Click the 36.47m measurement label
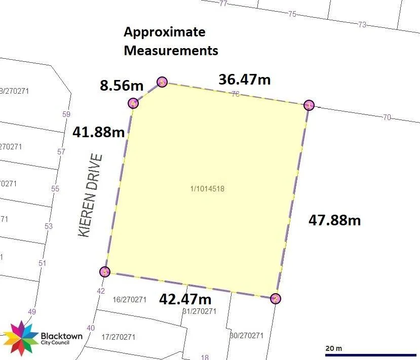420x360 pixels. click(x=244, y=79)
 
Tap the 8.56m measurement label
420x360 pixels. click(x=122, y=85)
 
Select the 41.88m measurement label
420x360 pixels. click(x=98, y=132)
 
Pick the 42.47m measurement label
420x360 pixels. click(x=185, y=299)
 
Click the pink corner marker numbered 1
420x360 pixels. click(x=309, y=105)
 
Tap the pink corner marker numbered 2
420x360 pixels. click(x=276, y=298)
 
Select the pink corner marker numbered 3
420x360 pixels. click(x=105, y=272)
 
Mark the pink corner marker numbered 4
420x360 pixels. click(x=133, y=103)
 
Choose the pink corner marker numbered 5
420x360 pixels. click(x=162, y=82)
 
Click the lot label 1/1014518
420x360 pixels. click(x=207, y=189)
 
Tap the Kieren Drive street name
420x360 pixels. click(x=91, y=195)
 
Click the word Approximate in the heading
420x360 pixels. click(x=165, y=32)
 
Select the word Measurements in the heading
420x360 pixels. click(x=171, y=51)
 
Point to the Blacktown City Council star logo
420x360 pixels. click(x=21, y=337)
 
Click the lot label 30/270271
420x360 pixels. click(x=246, y=335)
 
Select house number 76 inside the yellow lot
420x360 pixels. click(x=235, y=94)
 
